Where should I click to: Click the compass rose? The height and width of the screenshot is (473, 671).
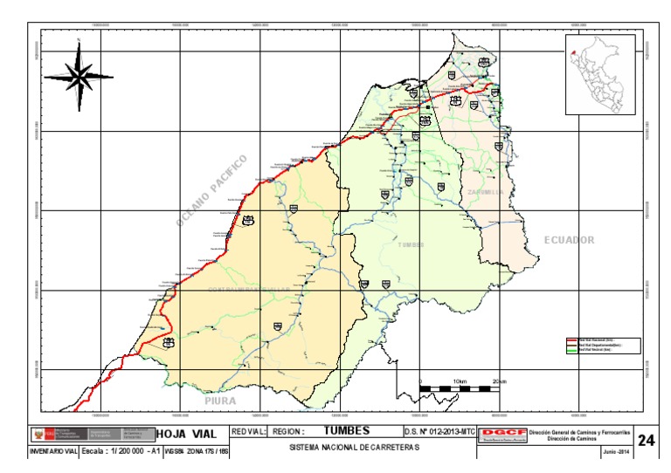[79, 77]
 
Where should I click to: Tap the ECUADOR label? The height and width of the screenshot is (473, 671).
[569, 240]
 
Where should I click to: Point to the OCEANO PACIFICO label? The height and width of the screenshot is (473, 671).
[212, 190]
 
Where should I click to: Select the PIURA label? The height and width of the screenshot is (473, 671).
[220, 401]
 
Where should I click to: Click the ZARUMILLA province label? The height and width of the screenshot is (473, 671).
[486, 192]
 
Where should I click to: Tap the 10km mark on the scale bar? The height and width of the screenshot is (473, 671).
[460, 382]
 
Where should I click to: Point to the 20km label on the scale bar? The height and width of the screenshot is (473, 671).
[499, 382]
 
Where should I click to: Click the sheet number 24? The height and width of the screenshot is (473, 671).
[647, 440]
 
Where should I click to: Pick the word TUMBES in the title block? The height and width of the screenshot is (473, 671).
[347, 430]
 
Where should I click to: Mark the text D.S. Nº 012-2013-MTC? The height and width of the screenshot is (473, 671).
[439, 431]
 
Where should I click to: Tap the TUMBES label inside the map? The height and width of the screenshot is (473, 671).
[411, 245]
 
